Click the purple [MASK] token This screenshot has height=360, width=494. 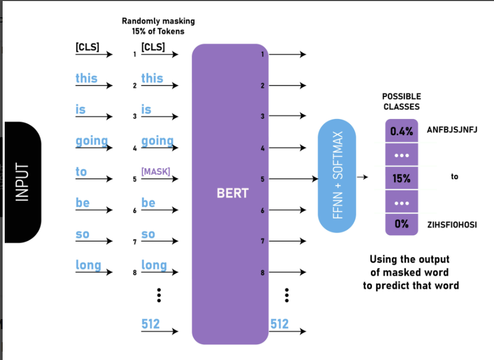pos(156,172)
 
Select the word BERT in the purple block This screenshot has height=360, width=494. pos(233,193)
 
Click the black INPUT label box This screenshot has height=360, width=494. pos(22,182)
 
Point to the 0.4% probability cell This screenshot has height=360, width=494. pos(401,131)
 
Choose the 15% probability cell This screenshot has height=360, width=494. pos(401,178)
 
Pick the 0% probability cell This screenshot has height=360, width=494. pos(401,224)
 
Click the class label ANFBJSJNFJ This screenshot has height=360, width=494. pos(452,129)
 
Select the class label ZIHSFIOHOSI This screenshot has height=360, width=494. pos(452,225)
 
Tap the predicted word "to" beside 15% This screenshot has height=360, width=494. pos(454,177)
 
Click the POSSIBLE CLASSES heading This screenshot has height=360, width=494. pos(401,102)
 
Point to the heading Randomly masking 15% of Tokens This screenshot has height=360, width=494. pos(158,26)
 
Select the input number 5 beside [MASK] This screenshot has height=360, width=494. pos(135,179)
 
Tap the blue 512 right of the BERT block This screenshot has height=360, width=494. pos(279,324)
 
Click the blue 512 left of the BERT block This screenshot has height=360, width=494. pos(150,324)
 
